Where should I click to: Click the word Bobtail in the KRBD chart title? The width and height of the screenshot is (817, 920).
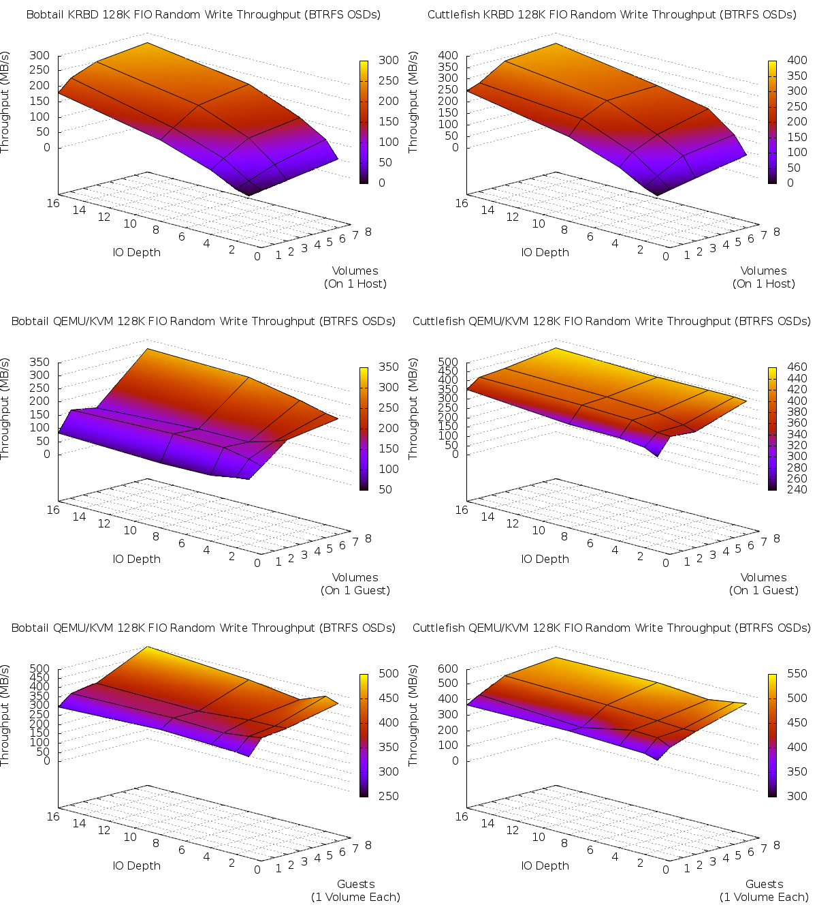[45, 14]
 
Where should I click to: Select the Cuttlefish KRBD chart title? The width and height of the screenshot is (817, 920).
[611, 14]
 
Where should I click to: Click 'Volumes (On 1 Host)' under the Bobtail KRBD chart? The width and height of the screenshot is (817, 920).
[355, 277]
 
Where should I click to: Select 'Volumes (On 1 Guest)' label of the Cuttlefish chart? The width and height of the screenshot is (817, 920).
[763, 584]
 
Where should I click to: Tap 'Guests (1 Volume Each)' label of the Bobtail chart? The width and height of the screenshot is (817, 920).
[355, 891]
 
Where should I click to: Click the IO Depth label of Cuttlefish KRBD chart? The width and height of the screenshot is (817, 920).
[545, 252]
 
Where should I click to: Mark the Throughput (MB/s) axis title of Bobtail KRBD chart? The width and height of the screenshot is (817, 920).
[5, 102]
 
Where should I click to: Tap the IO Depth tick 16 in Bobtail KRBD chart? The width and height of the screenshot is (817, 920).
[53, 202]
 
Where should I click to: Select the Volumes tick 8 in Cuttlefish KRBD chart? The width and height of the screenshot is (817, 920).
[776, 232]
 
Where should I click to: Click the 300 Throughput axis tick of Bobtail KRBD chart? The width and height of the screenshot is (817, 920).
[40, 55]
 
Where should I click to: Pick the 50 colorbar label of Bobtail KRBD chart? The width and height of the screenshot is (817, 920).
[385, 162]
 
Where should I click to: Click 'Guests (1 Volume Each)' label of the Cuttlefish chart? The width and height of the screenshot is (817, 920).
[764, 891]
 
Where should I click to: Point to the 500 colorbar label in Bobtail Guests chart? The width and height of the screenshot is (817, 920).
[388, 673]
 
